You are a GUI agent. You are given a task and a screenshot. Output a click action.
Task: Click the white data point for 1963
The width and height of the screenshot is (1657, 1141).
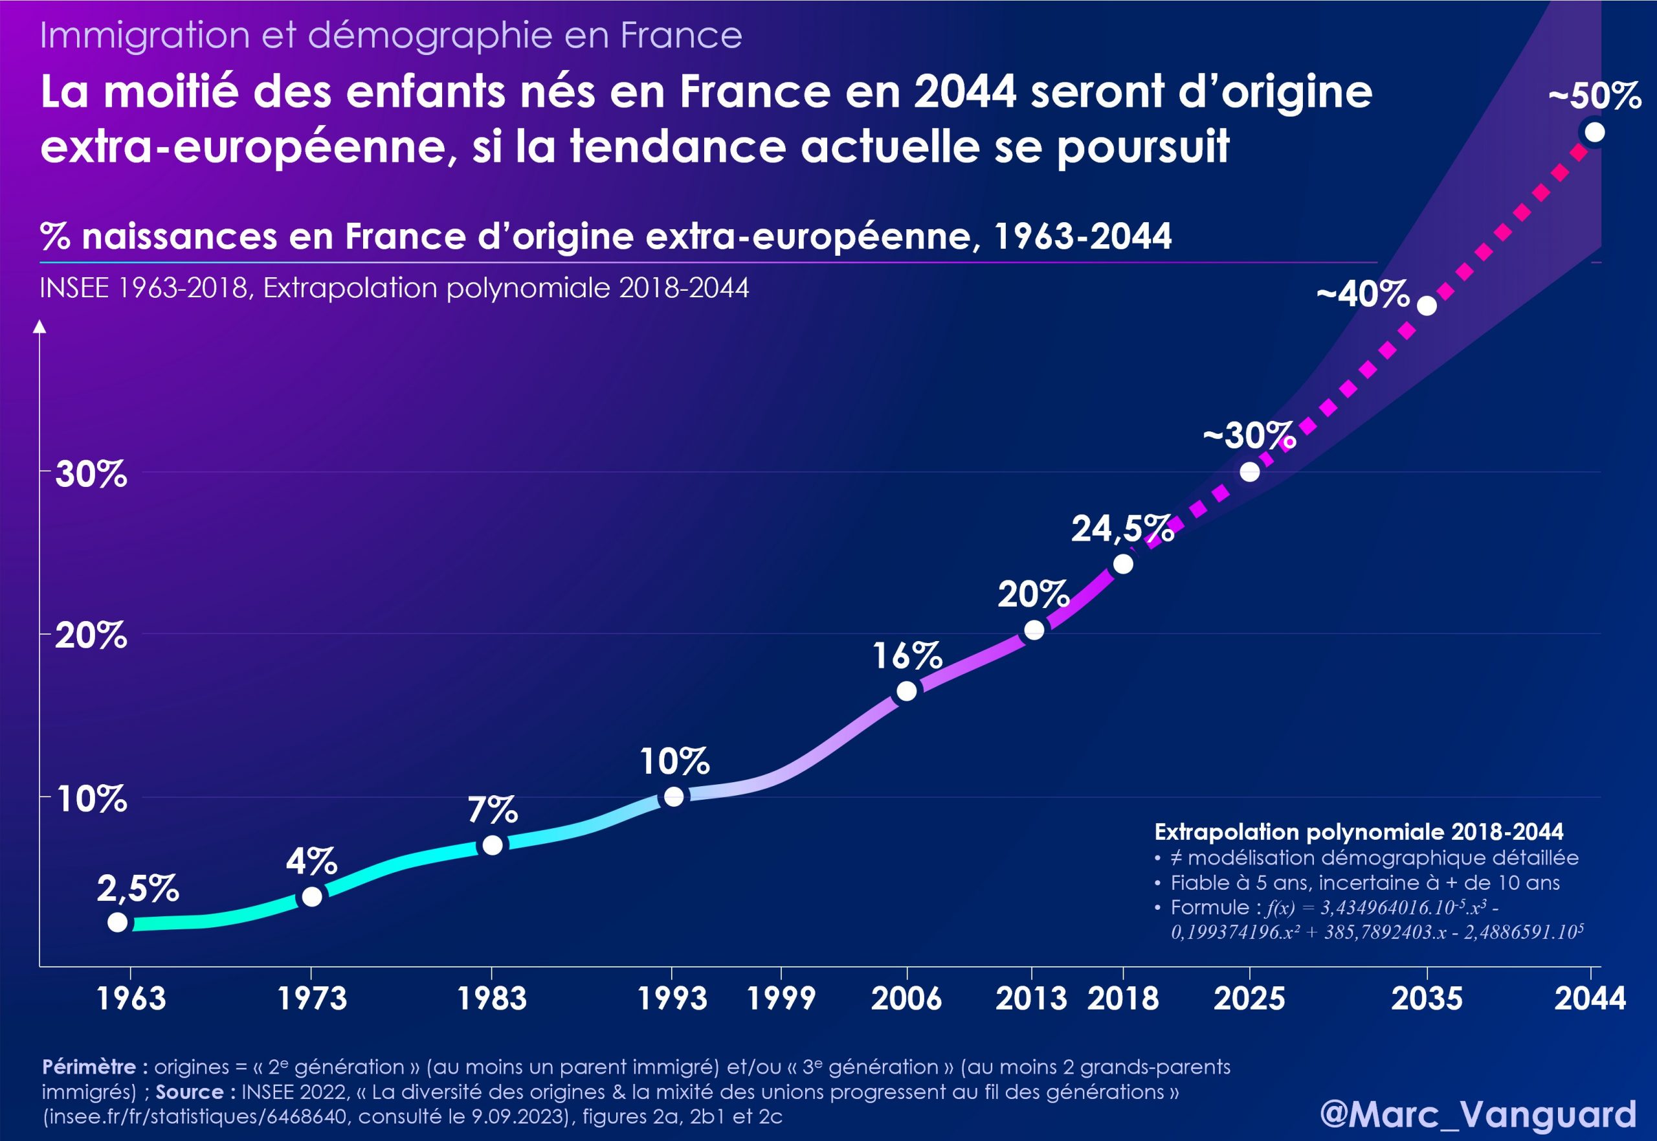[118, 922]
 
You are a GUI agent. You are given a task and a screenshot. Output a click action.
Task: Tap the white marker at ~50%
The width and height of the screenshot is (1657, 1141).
[1594, 132]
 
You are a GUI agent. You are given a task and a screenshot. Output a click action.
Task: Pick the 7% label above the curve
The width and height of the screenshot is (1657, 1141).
[493, 811]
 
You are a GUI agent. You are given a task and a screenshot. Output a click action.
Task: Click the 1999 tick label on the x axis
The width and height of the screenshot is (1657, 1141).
[781, 999]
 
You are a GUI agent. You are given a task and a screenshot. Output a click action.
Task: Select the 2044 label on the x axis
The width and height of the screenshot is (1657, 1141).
[1590, 999]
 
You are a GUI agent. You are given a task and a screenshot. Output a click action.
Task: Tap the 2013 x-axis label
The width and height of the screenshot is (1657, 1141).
[1030, 999]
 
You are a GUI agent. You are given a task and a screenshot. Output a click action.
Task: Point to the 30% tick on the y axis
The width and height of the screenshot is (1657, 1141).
[91, 474]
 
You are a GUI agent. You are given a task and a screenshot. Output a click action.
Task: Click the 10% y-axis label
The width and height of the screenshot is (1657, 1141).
[91, 799]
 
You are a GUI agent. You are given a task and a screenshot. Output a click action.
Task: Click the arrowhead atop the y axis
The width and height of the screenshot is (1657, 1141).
[40, 327]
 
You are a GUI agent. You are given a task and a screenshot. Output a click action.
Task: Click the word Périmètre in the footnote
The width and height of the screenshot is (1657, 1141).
[89, 1067]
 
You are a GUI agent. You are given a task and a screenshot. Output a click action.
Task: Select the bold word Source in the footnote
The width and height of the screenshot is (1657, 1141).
[190, 1092]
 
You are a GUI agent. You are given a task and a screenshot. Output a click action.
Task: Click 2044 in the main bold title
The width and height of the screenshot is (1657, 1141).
[964, 92]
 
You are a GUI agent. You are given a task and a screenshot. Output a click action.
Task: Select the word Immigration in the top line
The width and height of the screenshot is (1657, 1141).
[144, 35]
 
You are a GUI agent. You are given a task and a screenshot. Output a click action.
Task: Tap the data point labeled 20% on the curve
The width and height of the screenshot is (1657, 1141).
[1034, 630]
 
